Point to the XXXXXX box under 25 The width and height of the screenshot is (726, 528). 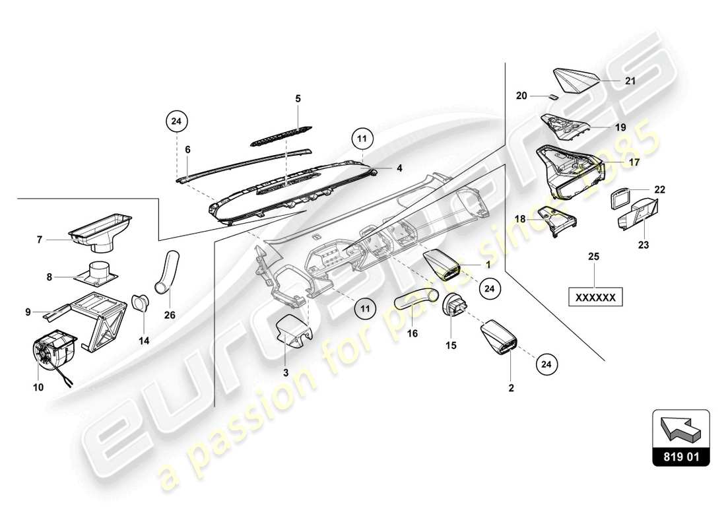click(596, 298)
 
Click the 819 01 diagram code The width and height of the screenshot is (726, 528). click(681, 455)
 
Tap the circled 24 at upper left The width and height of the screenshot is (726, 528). click(177, 121)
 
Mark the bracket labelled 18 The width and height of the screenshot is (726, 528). click(554, 219)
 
